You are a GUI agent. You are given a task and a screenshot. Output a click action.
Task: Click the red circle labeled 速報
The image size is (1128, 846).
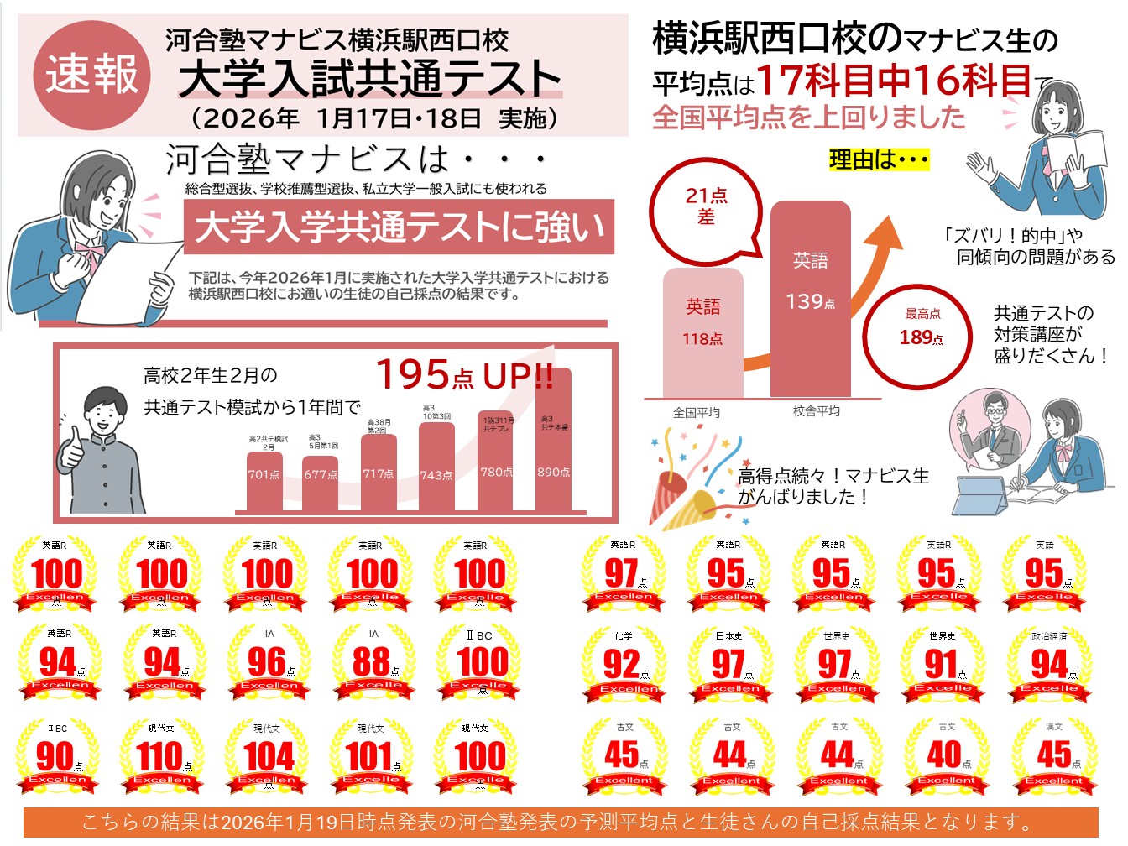click(91, 75)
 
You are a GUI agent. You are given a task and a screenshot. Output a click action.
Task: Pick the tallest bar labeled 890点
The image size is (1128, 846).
click(553, 445)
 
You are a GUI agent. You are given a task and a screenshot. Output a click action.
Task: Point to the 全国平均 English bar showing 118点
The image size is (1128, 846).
click(702, 332)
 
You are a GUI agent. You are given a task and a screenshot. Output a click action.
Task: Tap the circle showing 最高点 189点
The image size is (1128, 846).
click(922, 330)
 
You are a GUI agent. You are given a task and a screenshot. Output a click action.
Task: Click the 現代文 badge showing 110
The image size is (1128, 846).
click(162, 756)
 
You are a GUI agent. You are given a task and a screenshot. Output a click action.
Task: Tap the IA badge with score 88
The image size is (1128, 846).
click(373, 663)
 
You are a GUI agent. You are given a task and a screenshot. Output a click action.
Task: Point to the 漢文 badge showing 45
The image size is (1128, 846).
click(1055, 755)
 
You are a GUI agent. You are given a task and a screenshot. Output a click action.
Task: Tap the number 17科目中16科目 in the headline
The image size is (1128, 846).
click(894, 81)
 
